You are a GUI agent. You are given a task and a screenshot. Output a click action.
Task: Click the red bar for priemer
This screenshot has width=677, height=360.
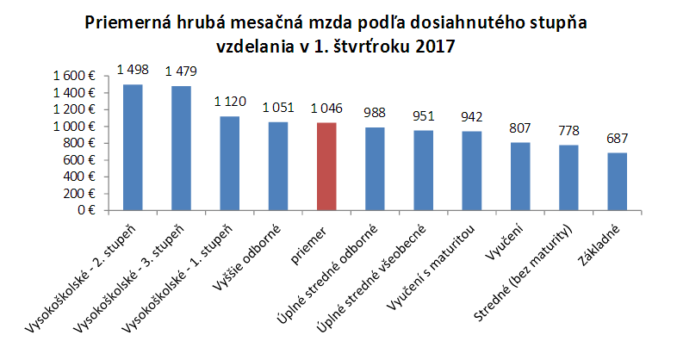[x=326, y=166]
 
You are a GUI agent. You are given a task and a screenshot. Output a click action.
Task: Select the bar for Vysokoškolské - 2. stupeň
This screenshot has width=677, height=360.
[x=134, y=147]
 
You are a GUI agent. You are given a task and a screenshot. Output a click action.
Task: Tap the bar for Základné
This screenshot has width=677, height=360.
[x=617, y=181]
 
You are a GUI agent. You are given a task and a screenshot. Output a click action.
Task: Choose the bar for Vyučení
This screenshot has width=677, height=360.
[x=520, y=176]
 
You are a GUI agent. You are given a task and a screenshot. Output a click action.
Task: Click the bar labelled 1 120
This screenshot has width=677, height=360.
[x=230, y=163]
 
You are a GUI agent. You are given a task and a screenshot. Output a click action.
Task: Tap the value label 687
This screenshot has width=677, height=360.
[x=617, y=139]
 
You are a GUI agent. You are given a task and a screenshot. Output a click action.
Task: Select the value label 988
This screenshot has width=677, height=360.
[x=375, y=114]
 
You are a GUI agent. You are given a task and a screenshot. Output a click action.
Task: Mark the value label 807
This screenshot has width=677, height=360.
[x=520, y=129]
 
